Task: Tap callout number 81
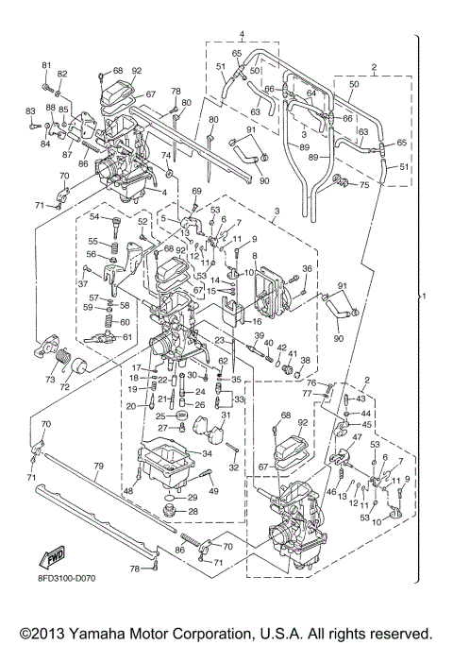pos(44,64)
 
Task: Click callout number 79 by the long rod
pos(97,467)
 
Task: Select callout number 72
pos(65,387)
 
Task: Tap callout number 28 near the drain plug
pos(193,511)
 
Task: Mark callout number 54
pos(94,216)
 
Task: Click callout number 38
pos(305,360)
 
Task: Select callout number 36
pos(306,268)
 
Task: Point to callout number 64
pos(310,93)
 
